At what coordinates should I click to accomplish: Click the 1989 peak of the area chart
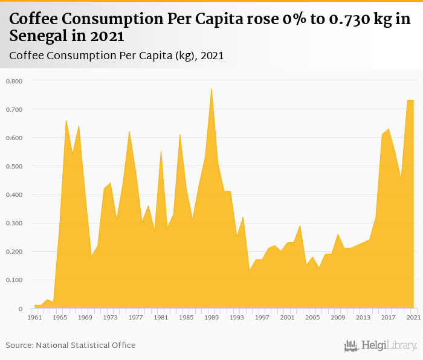211,89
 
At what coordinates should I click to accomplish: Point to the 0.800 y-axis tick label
14,81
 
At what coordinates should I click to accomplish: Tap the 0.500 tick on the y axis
14,166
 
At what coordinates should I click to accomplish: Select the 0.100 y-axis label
14,280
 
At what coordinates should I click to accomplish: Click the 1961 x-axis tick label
34,317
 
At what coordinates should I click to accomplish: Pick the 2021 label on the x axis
413,317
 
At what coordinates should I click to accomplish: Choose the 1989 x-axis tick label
211,317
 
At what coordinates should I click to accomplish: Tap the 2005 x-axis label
312,317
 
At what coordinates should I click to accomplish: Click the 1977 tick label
135,317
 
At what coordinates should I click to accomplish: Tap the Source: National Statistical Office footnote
71,346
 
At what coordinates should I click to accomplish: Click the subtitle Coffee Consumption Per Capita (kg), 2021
117,56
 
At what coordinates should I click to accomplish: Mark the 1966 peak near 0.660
66,121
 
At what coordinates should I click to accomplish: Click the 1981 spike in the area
161,152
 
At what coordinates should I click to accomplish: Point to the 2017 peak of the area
388,129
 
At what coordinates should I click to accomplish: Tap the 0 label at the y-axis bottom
21,309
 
